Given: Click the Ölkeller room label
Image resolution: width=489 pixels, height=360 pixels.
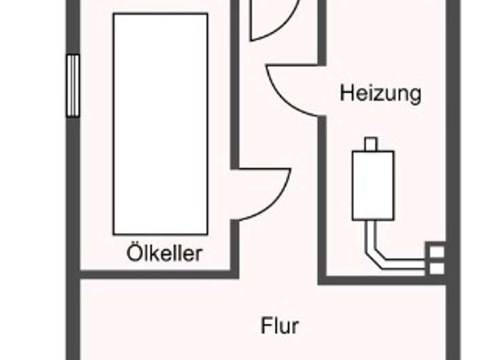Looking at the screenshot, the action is tap(164, 253).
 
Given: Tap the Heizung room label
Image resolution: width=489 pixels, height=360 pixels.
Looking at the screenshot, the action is tap(380, 94).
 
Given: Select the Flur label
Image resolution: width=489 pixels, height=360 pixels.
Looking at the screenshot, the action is tap(279, 325).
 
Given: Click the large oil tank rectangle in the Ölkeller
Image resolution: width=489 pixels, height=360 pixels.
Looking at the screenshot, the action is tap(160, 124).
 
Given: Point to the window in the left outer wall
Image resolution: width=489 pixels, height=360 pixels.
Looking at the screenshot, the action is tap(73, 86).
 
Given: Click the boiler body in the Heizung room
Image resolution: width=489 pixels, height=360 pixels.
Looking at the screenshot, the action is tap(373, 185).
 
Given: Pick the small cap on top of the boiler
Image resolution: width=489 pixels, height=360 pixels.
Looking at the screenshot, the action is tap(371, 143).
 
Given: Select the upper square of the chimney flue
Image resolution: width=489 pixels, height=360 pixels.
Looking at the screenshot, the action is tap(437, 252).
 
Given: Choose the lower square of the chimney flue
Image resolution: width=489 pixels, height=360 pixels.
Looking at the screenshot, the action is tap(437, 268).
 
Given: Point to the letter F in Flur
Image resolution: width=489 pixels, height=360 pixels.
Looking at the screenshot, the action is tap(266, 325).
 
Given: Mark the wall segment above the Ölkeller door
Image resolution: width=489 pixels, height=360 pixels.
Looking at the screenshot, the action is tap(235, 85).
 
